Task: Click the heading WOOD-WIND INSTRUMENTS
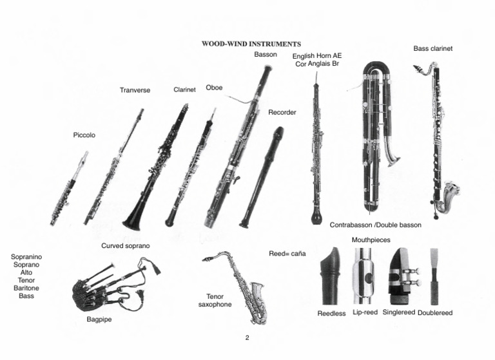coord(251,44)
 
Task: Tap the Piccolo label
coord(84,135)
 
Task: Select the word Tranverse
coord(135,90)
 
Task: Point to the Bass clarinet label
coord(433,48)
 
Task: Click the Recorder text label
coord(282,113)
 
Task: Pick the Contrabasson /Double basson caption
coord(375,225)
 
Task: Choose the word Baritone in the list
coord(26,288)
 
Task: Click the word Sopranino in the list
coord(26,257)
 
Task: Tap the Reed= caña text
coord(286,254)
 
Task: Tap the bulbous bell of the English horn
coord(316,216)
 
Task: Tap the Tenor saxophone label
coord(215,301)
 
